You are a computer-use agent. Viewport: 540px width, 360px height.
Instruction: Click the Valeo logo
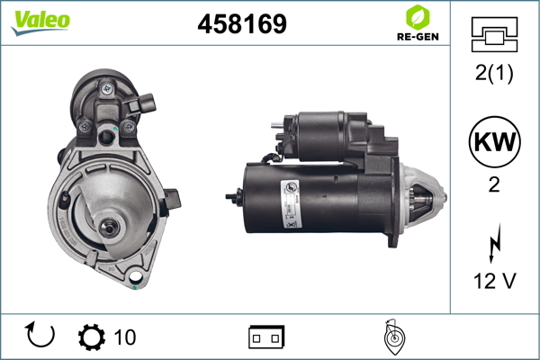(40, 22)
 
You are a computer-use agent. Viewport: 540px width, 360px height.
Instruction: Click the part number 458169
(242, 23)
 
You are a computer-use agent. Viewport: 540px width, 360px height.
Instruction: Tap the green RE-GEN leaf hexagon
(418, 17)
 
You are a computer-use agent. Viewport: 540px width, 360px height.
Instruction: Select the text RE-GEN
(418, 37)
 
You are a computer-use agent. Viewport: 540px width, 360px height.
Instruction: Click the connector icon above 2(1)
(494, 34)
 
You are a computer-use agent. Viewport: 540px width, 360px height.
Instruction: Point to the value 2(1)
(494, 73)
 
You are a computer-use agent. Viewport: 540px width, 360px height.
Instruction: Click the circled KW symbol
(494, 141)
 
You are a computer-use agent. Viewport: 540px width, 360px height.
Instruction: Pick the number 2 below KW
(494, 184)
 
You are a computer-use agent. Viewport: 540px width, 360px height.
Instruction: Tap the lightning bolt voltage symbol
(494, 243)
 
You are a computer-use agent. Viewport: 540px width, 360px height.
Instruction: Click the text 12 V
(494, 281)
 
